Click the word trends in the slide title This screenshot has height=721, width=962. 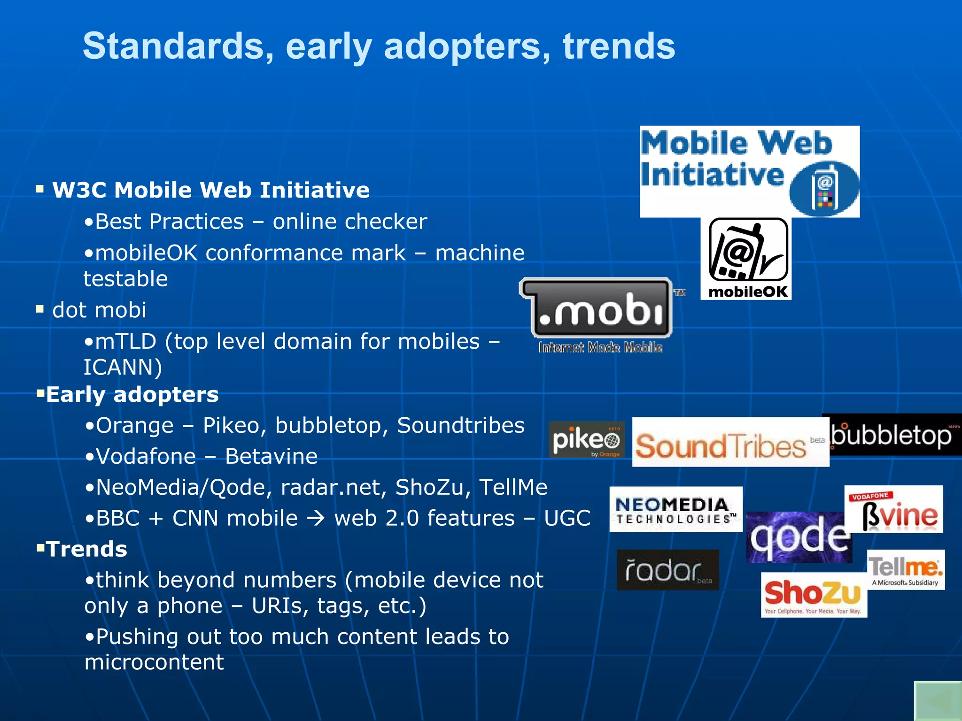click(619, 46)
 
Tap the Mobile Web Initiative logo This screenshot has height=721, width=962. click(749, 171)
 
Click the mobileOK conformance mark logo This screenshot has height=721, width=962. click(746, 258)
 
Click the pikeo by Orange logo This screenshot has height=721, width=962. click(587, 440)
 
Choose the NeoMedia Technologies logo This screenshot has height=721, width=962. click(675, 509)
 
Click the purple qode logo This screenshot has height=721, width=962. click(799, 537)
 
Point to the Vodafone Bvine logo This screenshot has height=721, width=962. click(894, 509)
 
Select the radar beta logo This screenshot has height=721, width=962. click(667, 570)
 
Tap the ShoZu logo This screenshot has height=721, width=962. click(814, 595)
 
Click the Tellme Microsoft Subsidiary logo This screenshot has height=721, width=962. click(906, 569)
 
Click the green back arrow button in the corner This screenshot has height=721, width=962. click(938, 701)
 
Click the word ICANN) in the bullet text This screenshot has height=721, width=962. click(123, 367)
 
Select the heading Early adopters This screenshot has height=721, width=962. click(132, 394)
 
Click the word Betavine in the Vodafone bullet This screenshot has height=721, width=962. click(271, 456)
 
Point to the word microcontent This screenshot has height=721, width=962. click(154, 662)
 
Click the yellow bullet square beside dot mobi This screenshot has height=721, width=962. click(40, 309)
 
